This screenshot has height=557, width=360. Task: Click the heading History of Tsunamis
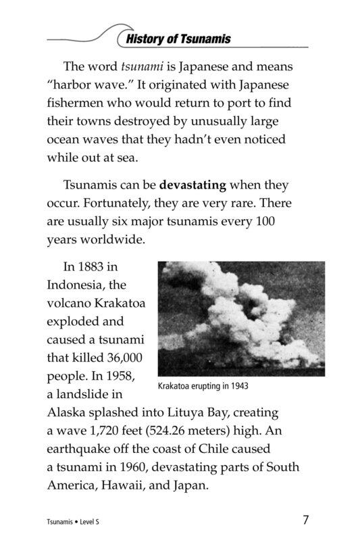click(x=178, y=39)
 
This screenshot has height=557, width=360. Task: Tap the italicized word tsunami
click(x=143, y=66)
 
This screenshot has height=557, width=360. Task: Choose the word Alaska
click(x=68, y=412)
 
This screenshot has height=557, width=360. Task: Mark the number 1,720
click(x=101, y=430)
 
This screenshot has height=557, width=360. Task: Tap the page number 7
click(x=305, y=520)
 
